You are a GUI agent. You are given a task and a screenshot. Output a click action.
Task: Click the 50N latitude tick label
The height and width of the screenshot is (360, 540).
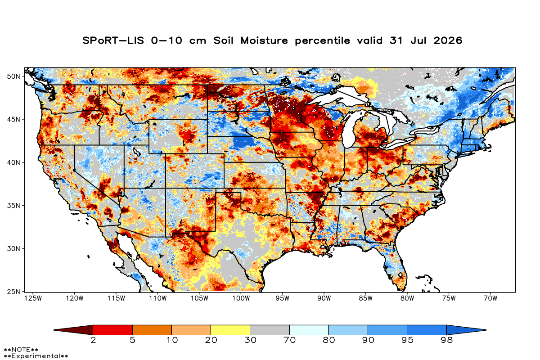click(13, 76)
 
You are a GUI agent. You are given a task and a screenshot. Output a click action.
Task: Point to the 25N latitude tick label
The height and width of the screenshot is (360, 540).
click(13, 292)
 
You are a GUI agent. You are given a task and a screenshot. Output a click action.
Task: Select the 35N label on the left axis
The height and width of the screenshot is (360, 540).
click(13, 206)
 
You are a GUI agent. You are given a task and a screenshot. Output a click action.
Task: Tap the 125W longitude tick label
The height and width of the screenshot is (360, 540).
click(33, 298)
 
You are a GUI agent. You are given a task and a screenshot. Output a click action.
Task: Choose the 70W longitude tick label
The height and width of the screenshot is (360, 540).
click(490, 298)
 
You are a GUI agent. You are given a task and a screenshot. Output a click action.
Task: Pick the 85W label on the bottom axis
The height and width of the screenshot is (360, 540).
click(365, 298)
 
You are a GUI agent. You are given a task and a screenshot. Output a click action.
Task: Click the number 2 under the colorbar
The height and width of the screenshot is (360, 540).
click(93, 340)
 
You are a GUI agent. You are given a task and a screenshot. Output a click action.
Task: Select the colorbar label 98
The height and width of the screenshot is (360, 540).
click(446, 340)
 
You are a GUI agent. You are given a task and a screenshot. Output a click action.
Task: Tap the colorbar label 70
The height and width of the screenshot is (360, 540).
click(289, 340)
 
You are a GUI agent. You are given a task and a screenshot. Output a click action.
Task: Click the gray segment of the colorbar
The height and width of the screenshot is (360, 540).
click(270, 330)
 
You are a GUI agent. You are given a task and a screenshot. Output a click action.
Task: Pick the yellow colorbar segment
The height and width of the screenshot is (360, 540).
click(230, 330)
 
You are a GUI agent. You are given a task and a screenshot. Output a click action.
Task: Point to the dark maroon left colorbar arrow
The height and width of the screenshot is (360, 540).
click(73, 330)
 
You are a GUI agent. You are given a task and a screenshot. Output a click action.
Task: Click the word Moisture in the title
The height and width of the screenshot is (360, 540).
click(264, 40)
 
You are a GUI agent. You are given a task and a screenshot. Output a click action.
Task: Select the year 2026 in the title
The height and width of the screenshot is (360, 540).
click(448, 40)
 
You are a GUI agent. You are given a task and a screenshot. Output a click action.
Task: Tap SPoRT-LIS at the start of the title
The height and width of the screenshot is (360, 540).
click(113, 40)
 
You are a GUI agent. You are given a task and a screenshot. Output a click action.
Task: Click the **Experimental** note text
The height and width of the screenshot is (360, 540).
click(36, 356)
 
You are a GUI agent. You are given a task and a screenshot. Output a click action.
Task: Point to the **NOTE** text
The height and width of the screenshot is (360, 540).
click(21, 349)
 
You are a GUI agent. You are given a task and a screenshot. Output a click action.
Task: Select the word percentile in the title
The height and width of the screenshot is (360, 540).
click(322, 41)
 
